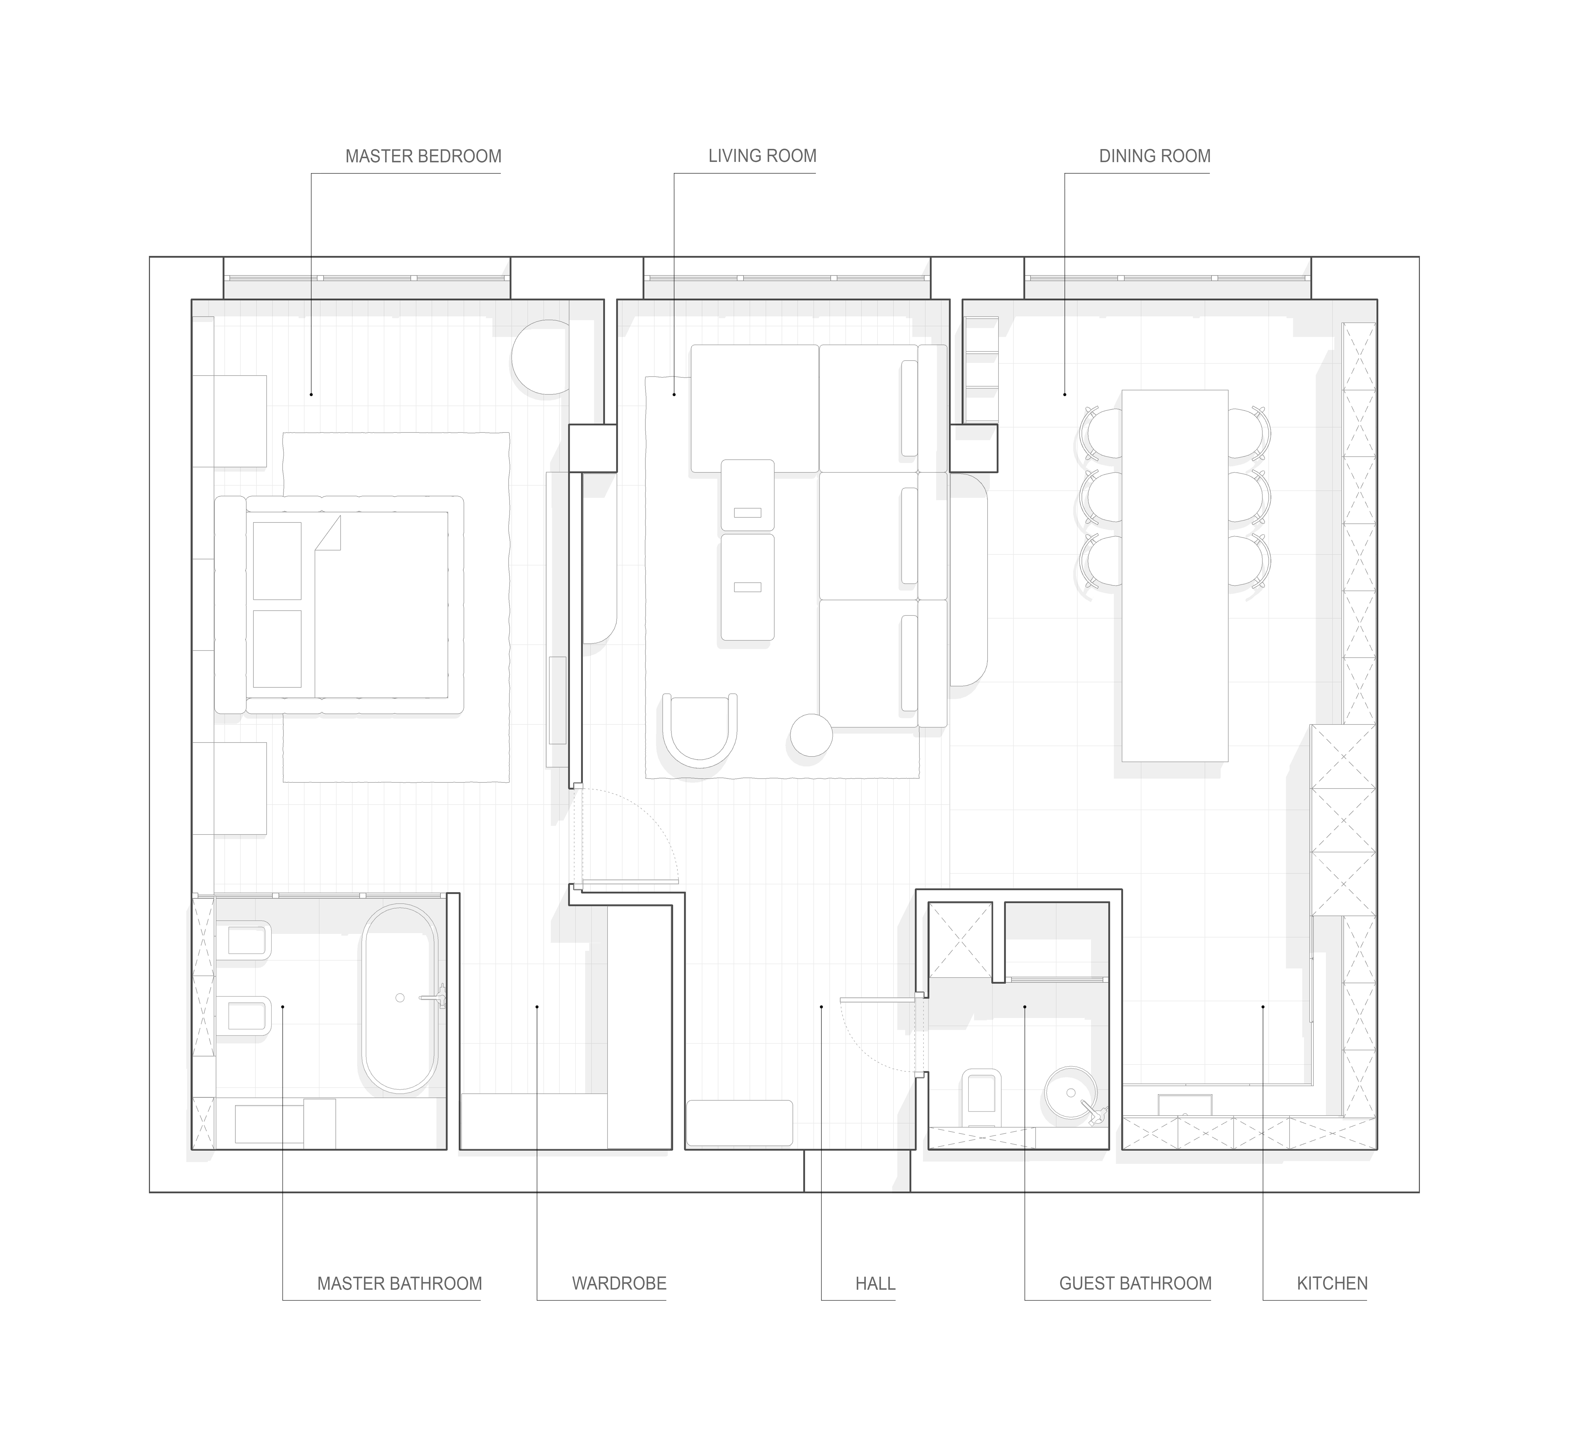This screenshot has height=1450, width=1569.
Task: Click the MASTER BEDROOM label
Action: [423, 156]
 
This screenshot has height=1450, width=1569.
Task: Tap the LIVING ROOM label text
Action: [762, 156]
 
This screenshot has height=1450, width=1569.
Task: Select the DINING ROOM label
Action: [1155, 156]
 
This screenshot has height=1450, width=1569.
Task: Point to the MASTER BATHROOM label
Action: [400, 1284]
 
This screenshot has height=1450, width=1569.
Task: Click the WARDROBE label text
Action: [619, 1284]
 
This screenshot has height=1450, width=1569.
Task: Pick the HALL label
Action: [875, 1284]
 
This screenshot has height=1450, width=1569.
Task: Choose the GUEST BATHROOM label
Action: [1135, 1284]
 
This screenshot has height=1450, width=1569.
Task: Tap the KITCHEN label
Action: [1332, 1284]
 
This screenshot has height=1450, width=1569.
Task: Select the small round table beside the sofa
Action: [811, 735]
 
